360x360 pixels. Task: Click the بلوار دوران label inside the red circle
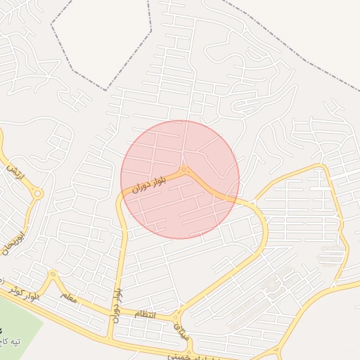point(149,185)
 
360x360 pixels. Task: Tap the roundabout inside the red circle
point(184,169)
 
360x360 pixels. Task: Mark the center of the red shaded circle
point(180,179)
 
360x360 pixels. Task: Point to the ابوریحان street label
point(18,239)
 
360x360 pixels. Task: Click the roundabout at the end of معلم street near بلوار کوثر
point(53,274)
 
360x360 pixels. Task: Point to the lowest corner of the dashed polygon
point(106,90)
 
